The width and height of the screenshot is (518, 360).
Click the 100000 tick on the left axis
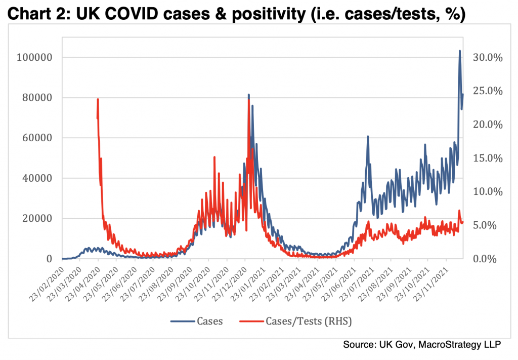pyautogui.click(x=35, y=57)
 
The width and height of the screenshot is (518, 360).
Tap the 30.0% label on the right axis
pyautogui.click(x=487, y=57)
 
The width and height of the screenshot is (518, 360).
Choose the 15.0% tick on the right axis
pyautogui.click(x=487, y=158)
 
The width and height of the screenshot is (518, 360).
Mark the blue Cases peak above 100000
pyautogui.click(x=460, y=51)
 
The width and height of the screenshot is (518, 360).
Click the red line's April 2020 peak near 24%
pyautogui.click(x=98, y=99)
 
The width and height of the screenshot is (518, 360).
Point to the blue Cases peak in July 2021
pyautogui.click(x=368, y=136)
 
